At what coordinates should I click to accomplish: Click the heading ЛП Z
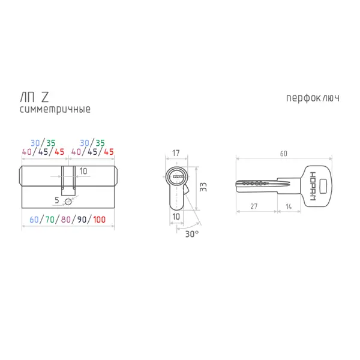point(34,97)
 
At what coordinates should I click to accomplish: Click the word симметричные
point(55,109)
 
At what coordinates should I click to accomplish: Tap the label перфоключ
point(313,98)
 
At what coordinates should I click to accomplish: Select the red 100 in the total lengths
point(99,220)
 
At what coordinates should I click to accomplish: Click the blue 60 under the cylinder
point(34,220)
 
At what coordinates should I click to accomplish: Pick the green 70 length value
point(50,220)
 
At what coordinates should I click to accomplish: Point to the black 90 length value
point(82,220)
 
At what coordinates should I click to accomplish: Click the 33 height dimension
point(203,187)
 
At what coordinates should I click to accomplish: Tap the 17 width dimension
point(176,153)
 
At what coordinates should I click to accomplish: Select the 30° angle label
point(192,234)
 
